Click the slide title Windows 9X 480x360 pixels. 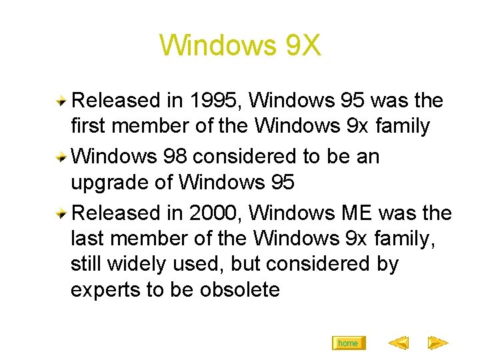pos(240,46)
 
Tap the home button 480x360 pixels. pos(348,343)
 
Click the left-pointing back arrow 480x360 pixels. pos(398,343)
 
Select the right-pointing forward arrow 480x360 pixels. pos(437,343)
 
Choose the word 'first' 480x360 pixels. pos(87,125)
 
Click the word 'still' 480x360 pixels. pos(86,263)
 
